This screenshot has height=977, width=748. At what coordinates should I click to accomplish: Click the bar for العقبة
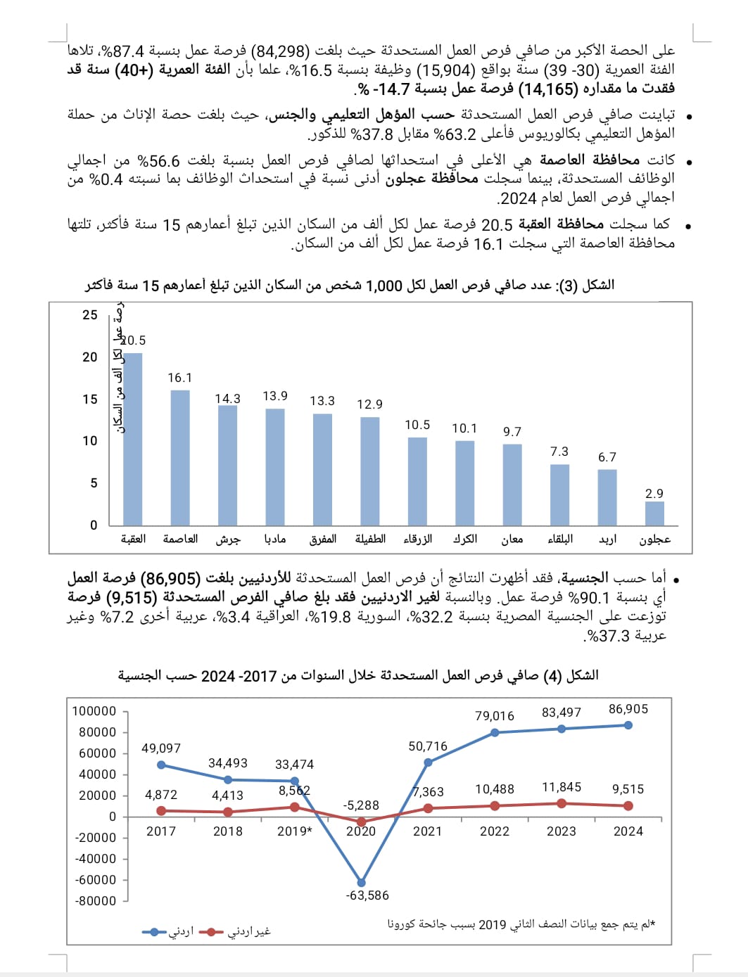[132, 438]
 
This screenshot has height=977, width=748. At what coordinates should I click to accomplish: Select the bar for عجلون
[654, 513]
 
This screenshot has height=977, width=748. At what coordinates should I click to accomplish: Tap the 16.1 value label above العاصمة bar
[180, 378]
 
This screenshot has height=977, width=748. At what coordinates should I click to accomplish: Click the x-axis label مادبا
[275, 539]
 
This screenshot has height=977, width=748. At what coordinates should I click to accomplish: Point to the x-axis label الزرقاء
[417, 539]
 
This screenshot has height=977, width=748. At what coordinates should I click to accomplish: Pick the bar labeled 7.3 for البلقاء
[559, 494]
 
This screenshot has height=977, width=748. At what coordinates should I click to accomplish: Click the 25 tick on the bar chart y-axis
[90, 315]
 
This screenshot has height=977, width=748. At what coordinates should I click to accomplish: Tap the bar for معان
[512, 484]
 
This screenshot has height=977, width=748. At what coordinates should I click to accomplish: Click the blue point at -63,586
[361, 883]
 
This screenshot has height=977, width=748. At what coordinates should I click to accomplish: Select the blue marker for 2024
[628, 725]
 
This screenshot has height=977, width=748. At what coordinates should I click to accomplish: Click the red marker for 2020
[361, 822]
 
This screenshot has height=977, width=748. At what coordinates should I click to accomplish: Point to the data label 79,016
[495, 716]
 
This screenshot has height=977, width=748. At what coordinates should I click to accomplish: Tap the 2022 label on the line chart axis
[495, 831]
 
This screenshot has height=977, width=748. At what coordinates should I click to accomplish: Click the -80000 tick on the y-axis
[96, 901]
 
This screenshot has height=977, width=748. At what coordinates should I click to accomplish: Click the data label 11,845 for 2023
[562, 788]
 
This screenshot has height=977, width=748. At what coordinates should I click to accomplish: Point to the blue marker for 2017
[161, 765]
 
